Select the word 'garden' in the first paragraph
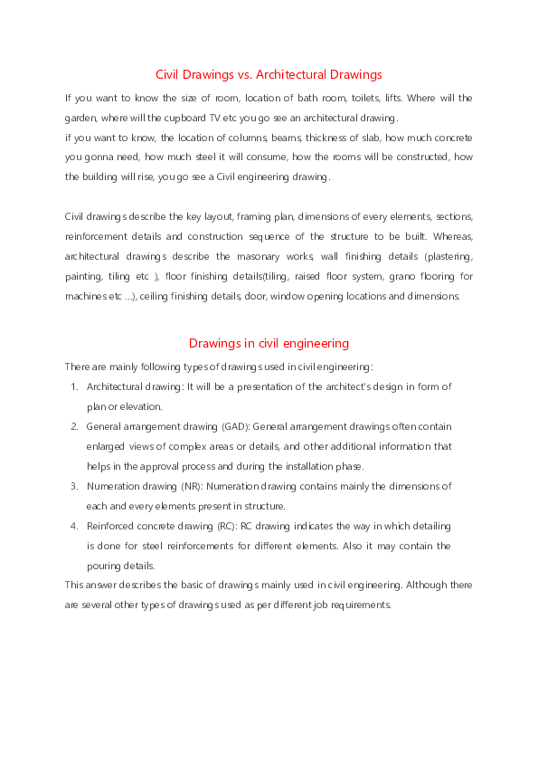[x=80, y=118]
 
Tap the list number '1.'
[x=74, y=386]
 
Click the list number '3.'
[x=74, y=486]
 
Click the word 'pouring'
[x=106, y=565]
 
